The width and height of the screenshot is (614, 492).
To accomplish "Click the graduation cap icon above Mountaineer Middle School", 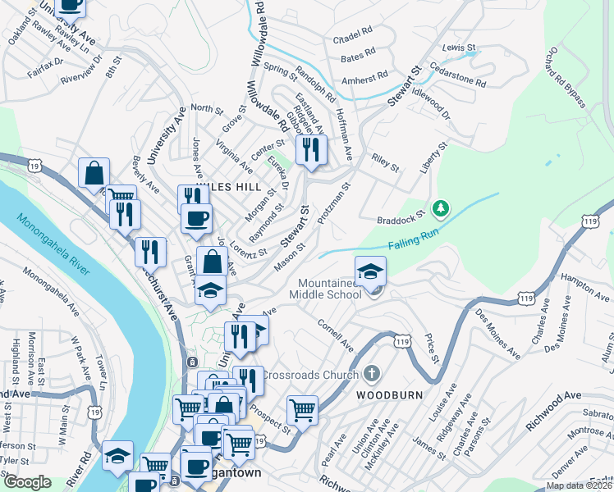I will tap(370, 270).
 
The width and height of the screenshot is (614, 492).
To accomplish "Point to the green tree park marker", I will tap(441, 209).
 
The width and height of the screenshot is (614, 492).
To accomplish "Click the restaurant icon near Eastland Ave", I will tap(311, 149).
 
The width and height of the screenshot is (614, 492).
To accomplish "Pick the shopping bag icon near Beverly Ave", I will tap(94, 173).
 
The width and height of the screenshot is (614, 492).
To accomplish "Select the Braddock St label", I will tap(400, 220).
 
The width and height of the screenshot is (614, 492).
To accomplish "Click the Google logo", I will tap(27, 482).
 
